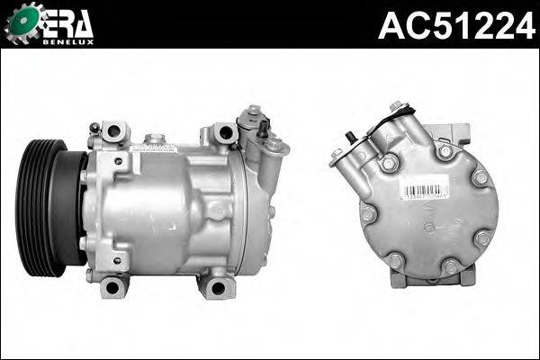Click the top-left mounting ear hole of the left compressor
click(x=112, y=133)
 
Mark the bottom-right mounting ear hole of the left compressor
click(x=216, y=289)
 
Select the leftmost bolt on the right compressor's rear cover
click(x=368, y=215)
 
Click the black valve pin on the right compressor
click(x=351, y=139)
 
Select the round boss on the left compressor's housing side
click(x=216, y=211)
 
